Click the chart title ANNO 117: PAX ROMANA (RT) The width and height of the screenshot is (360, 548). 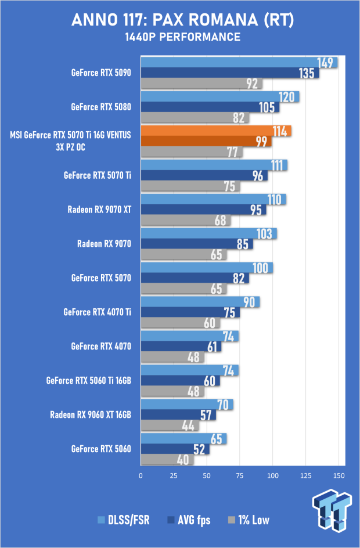point(182,20)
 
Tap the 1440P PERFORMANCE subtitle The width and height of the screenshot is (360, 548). point(182,37)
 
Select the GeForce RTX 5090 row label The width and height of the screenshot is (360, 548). point(101,73)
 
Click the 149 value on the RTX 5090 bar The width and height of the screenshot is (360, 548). point(325,63)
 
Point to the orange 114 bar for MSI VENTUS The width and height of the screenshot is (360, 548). point(216,131)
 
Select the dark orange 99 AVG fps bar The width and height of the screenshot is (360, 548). point(206,141)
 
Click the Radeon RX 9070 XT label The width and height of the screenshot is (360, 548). point(99,210)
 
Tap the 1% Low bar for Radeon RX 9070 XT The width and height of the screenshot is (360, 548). point(186,220)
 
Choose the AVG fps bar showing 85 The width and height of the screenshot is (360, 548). point(197,244)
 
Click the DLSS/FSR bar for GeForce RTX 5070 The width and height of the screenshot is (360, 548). point(207,268)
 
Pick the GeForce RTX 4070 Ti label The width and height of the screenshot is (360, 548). point(97,312)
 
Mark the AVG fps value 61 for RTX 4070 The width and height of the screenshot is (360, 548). point(212,347)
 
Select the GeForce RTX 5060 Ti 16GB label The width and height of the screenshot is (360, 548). point(89,380)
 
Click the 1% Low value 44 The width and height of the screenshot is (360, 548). point(188,426)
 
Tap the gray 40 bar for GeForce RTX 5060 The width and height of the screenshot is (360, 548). point(167,460)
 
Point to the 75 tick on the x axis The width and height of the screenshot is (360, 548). point(240,475)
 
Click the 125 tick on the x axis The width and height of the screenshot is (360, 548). point(306,475)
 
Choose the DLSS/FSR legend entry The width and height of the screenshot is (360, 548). point(124,520)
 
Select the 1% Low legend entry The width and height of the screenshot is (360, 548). point(249,520)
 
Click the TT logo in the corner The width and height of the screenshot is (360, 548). point(332,510)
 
